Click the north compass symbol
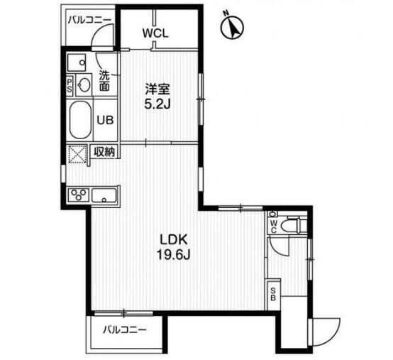pyautogui.click(x=231, y=26)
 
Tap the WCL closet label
pyautogui.click(x=155, y=33)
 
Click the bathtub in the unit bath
pyautogui.click(x=78, y=119)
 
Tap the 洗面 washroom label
pyautogui.click(x=104, y=81)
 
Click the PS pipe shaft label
pyautogui.click(x=70, y=85)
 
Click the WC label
pyautogui.click(x=273, y=226)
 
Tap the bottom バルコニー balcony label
pyautogui.click(x=123, y=329)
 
